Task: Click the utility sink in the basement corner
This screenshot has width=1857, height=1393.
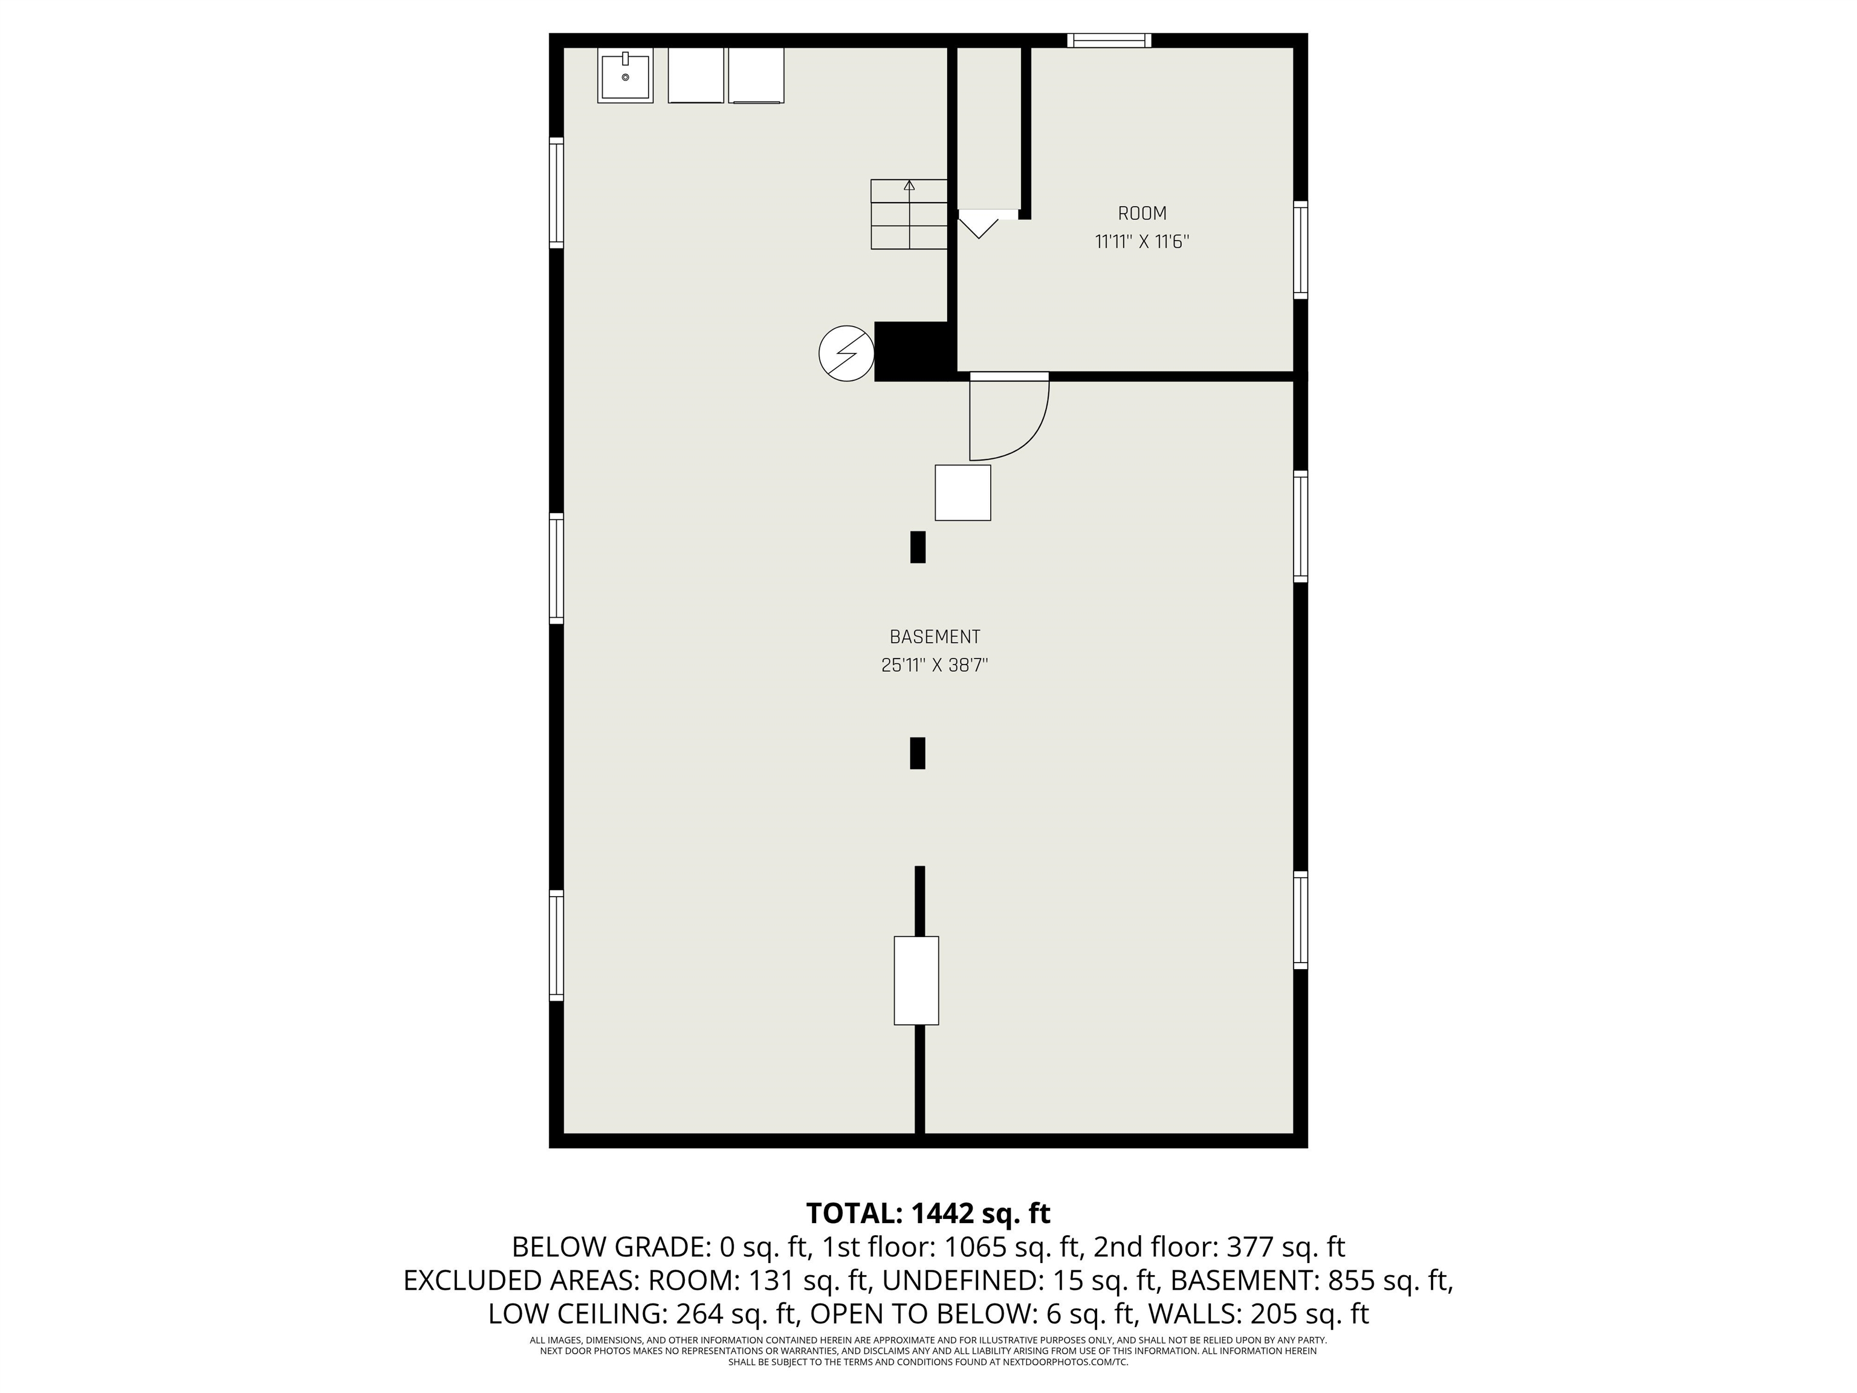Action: (x=624, y=76)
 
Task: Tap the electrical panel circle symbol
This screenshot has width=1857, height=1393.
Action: (x=846, y=354)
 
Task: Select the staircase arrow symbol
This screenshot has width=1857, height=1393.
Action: (x=909, y=186)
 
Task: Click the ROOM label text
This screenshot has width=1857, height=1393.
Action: (x=1142, y=213)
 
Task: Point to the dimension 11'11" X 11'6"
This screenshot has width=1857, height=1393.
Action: (x=1142, y=242)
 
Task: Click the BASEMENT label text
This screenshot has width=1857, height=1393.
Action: (x=935, y=637)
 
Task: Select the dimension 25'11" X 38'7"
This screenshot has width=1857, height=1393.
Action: (x=935, y=666)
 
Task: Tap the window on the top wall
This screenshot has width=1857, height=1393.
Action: (x=1109, y=41)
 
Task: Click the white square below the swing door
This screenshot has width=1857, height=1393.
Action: (x=963, y=493)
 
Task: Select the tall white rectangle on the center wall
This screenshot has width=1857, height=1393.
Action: (x=916, y=981)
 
